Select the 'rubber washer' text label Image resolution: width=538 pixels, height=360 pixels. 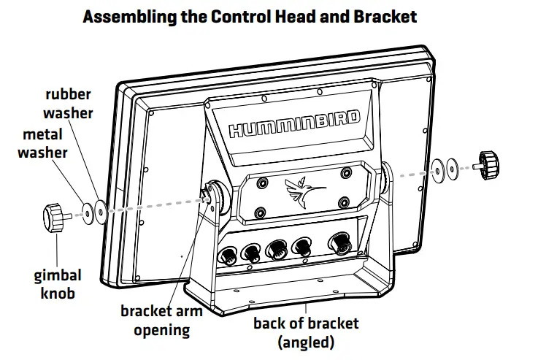(x=69, y=104)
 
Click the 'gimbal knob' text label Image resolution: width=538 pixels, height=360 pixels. (x=57, y=284)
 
